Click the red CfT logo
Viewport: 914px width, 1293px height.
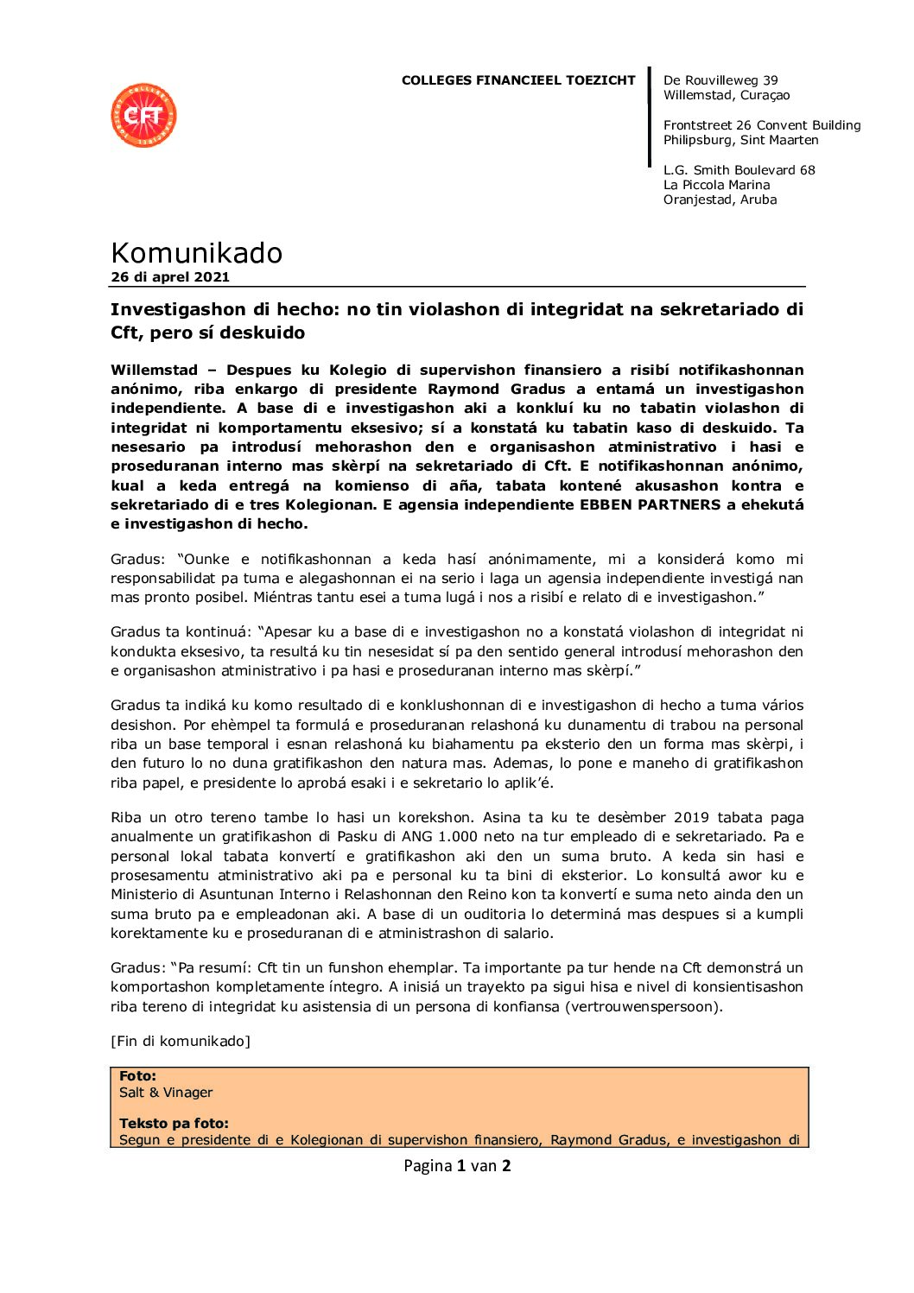point(143,115)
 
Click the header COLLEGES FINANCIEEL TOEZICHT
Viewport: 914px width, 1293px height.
point(517,80)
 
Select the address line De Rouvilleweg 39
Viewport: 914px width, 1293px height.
point(720,80)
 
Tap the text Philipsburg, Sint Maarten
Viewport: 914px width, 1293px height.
point(740,140)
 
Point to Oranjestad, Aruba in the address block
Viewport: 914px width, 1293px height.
point(720,200)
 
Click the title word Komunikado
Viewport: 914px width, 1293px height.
point(196,253)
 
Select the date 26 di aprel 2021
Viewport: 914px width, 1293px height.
point(170,277)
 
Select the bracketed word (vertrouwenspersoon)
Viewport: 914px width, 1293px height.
point(644,1006)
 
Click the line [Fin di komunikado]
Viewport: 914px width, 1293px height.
point(181,1041)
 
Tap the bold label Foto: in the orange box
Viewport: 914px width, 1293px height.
point(137,1076)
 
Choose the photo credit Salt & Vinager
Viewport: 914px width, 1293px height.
point(166,1093)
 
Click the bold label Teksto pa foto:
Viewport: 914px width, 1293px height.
point(174,1124)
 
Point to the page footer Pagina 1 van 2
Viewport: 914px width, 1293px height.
point(457,1166)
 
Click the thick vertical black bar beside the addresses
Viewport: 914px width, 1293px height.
point(649,117)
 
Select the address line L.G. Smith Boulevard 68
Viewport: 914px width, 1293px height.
point(739,170)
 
